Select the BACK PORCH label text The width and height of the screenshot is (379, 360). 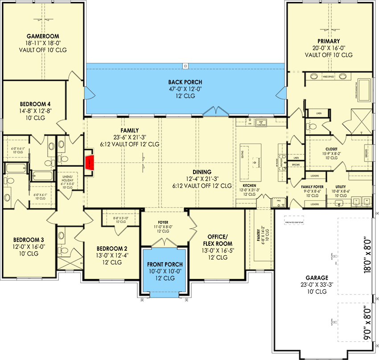[185, 82]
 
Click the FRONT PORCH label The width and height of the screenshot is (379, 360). [165, 265]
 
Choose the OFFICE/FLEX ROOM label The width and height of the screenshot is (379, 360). [217, 240]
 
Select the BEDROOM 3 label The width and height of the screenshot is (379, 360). [26, 239]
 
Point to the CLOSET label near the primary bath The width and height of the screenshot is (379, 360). [331, 149]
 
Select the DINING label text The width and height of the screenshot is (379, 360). [202, 172]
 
